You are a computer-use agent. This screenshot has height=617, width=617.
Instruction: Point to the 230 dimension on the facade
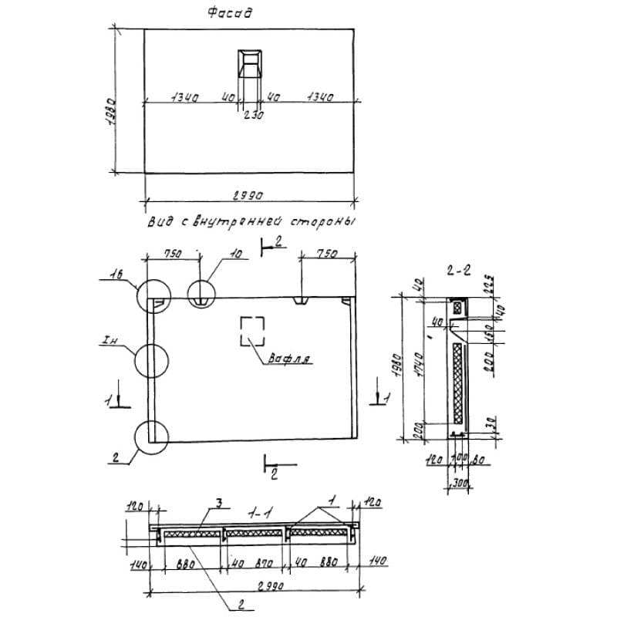253,115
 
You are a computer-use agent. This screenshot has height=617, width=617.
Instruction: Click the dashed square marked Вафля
253,332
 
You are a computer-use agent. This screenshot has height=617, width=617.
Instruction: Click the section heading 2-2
458,271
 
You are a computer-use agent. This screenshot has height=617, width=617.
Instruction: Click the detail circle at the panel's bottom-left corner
150,437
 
